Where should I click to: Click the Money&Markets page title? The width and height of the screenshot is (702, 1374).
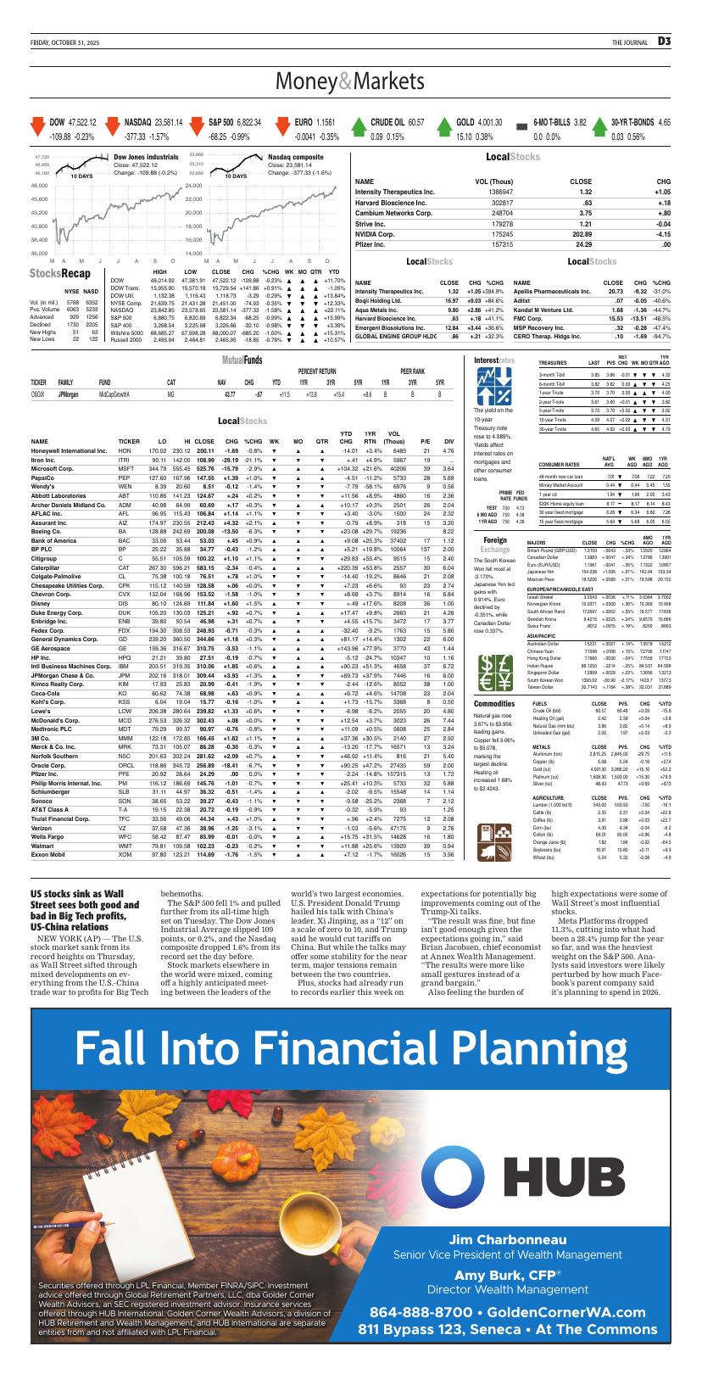(x=350, y=81)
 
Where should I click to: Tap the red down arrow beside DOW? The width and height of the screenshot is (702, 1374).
(x=37, y=128)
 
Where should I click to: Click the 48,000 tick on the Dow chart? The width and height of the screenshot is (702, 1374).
(x=39, y=185)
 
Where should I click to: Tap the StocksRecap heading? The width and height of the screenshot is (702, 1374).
(x=59, y=273)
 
